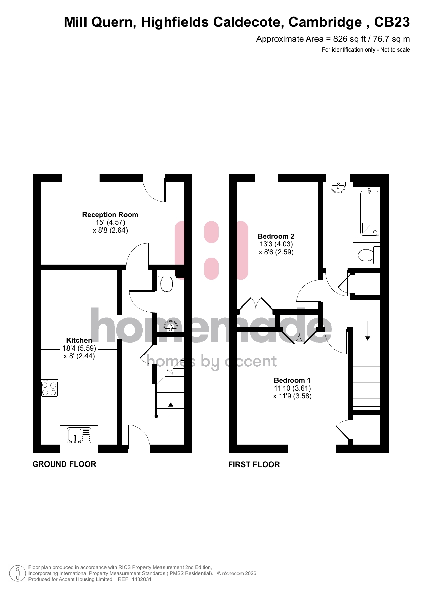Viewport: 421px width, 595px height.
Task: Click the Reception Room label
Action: pos(110,215)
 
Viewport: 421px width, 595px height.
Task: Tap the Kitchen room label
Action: pos(79,340)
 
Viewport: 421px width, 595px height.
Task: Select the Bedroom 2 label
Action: pos(276,236)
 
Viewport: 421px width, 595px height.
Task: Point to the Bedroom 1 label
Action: pos(292,380)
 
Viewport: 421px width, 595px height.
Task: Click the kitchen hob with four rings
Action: pos(50,388)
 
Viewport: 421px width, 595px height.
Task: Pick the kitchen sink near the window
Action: pos(79,435)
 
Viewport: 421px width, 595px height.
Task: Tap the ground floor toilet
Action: pos(167,281)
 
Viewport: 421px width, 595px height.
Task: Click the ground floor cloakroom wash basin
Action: pos(171,326)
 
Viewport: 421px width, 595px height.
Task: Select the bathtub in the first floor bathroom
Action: pos(369,213)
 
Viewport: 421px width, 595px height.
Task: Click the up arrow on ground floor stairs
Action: pos(171,412)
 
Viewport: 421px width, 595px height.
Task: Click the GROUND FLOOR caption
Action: pos(64,464)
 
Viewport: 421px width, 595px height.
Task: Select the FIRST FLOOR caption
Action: pos(254,464)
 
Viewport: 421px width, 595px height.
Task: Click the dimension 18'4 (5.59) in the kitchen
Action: pos(79,348)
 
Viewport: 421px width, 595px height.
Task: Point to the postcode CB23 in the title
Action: pos(392,22)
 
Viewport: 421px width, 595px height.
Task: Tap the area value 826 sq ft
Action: pos(349,39)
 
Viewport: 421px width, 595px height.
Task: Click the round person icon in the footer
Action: pos(18,573)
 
